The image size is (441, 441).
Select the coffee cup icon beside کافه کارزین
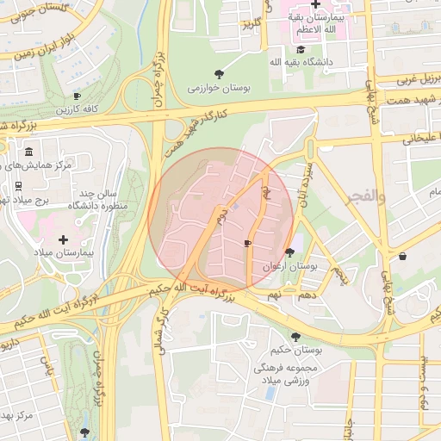pos(77,96)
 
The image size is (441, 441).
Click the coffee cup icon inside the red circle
pos(248,244)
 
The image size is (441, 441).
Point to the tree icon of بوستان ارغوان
pos(289,252)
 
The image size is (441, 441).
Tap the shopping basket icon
pos(402,256)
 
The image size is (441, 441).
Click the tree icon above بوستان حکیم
pos(296,336)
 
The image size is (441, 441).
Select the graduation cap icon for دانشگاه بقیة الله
pos(300,50)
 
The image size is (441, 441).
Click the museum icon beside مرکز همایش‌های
pos(29,152)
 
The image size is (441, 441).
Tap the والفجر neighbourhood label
pos(365,197)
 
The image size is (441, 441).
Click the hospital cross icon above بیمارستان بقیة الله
pos(316,4)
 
